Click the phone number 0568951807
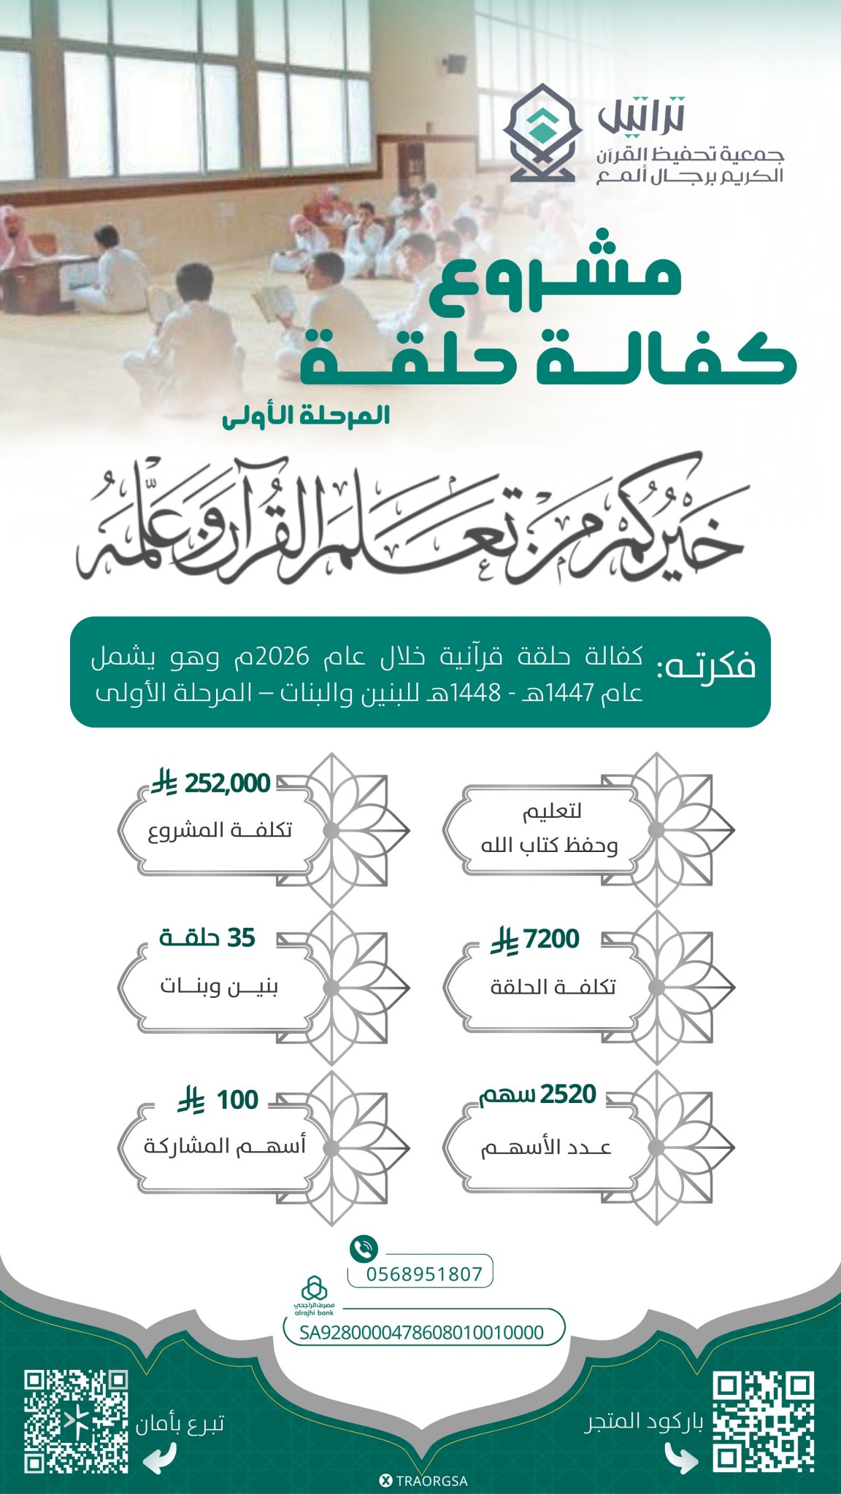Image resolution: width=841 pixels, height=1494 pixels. point(424,1274)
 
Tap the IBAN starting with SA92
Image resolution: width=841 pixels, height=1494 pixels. point(422,1332)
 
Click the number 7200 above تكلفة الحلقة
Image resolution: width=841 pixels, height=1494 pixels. point(552,939)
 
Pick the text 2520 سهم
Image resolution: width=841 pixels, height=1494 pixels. point(538,1094)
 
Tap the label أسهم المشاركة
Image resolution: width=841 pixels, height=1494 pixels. point(225,1145)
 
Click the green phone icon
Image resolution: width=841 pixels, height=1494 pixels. point(364,1248)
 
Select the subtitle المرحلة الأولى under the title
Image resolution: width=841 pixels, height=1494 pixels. point(306,416)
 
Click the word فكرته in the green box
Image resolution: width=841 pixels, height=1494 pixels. point(706,666)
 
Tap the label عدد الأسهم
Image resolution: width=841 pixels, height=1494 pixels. point(546,1147)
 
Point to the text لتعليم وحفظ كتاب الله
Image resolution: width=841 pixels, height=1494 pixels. point(550,828)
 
